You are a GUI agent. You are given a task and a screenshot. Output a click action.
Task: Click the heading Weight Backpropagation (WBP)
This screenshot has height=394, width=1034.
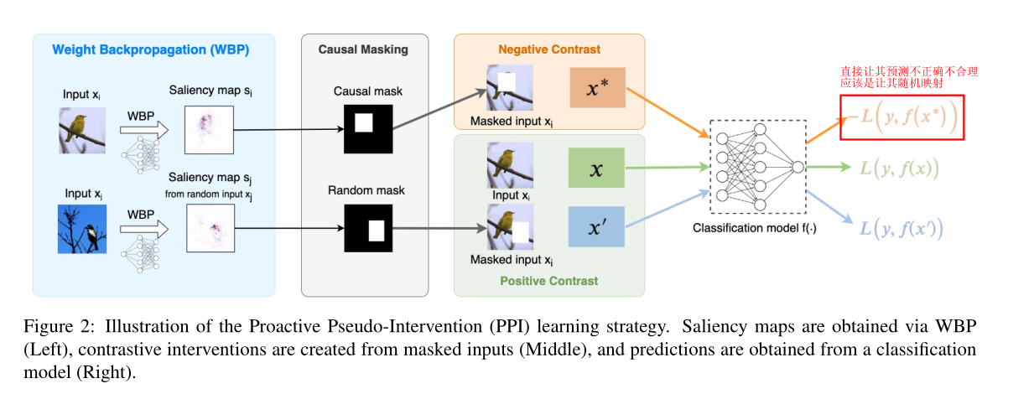point(150,49)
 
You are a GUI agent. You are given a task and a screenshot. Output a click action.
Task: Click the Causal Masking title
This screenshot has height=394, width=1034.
point(363,49)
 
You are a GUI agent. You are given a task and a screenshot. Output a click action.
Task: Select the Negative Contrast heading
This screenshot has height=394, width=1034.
point(549,49)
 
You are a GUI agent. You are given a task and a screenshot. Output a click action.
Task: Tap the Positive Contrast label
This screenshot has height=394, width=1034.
point(549,280)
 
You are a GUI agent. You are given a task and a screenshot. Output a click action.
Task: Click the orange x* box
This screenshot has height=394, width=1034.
point(596,87)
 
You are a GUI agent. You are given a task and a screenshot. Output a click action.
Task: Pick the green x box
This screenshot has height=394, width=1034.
point(596,168)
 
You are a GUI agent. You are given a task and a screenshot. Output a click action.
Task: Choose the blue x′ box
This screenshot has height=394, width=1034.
point(596,226)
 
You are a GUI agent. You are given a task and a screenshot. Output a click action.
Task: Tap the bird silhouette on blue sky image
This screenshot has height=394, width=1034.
point(82,228)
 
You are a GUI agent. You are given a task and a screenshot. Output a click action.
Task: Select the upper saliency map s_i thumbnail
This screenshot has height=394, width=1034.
point(209,129)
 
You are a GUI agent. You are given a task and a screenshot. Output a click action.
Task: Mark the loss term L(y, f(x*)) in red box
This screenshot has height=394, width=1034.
point(901,118)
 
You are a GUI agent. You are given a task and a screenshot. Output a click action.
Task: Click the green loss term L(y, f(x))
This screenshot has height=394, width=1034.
point(895,168)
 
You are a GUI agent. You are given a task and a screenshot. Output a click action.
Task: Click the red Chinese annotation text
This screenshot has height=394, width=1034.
point(909,78)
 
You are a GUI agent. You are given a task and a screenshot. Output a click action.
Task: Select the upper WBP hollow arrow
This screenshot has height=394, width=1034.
point(143,130)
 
